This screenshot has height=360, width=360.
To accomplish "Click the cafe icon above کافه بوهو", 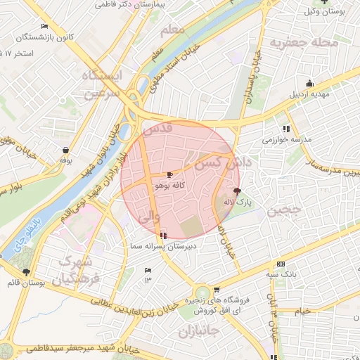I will (169, 174).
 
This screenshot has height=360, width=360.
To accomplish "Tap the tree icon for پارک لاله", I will (236, 191).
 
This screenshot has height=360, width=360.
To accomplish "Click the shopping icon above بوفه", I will (66, 149).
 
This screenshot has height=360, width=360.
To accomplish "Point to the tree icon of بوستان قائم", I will (26, 271).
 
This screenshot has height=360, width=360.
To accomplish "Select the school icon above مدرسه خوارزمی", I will (286, 129).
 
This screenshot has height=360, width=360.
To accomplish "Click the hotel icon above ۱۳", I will (148, 270).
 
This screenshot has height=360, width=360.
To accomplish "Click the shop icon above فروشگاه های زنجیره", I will (217, 289).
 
